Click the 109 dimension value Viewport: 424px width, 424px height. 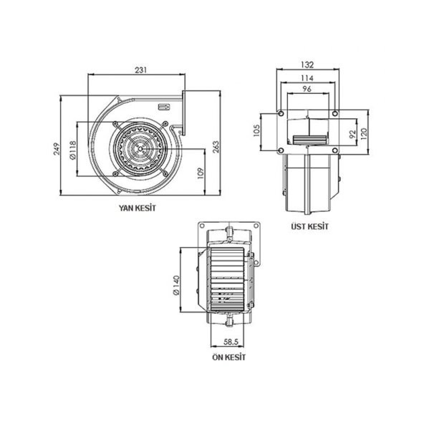point(201,172)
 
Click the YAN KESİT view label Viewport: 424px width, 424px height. point(137,208)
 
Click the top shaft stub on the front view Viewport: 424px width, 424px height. point(229,231)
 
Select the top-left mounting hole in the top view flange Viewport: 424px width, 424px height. point(280,115)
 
